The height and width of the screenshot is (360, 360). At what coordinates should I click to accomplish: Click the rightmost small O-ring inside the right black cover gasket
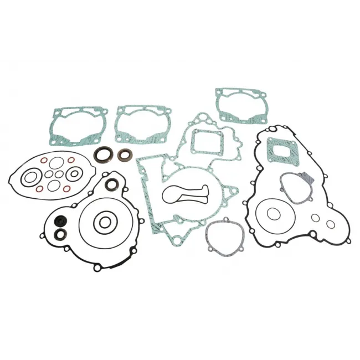[x=331, y=224]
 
